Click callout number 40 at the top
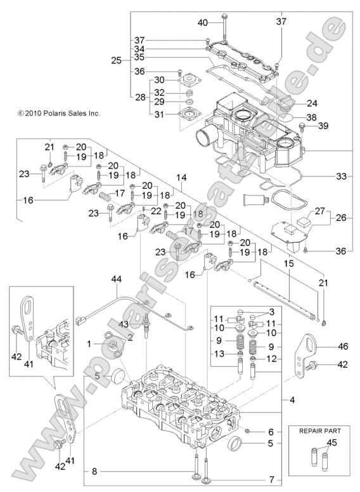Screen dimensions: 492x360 click(202, 23)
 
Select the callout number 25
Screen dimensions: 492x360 click(115, 60)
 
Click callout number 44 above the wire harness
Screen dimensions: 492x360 click(116, 279)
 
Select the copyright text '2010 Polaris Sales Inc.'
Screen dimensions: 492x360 click(62, 113)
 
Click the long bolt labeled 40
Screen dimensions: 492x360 click(224, 31)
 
